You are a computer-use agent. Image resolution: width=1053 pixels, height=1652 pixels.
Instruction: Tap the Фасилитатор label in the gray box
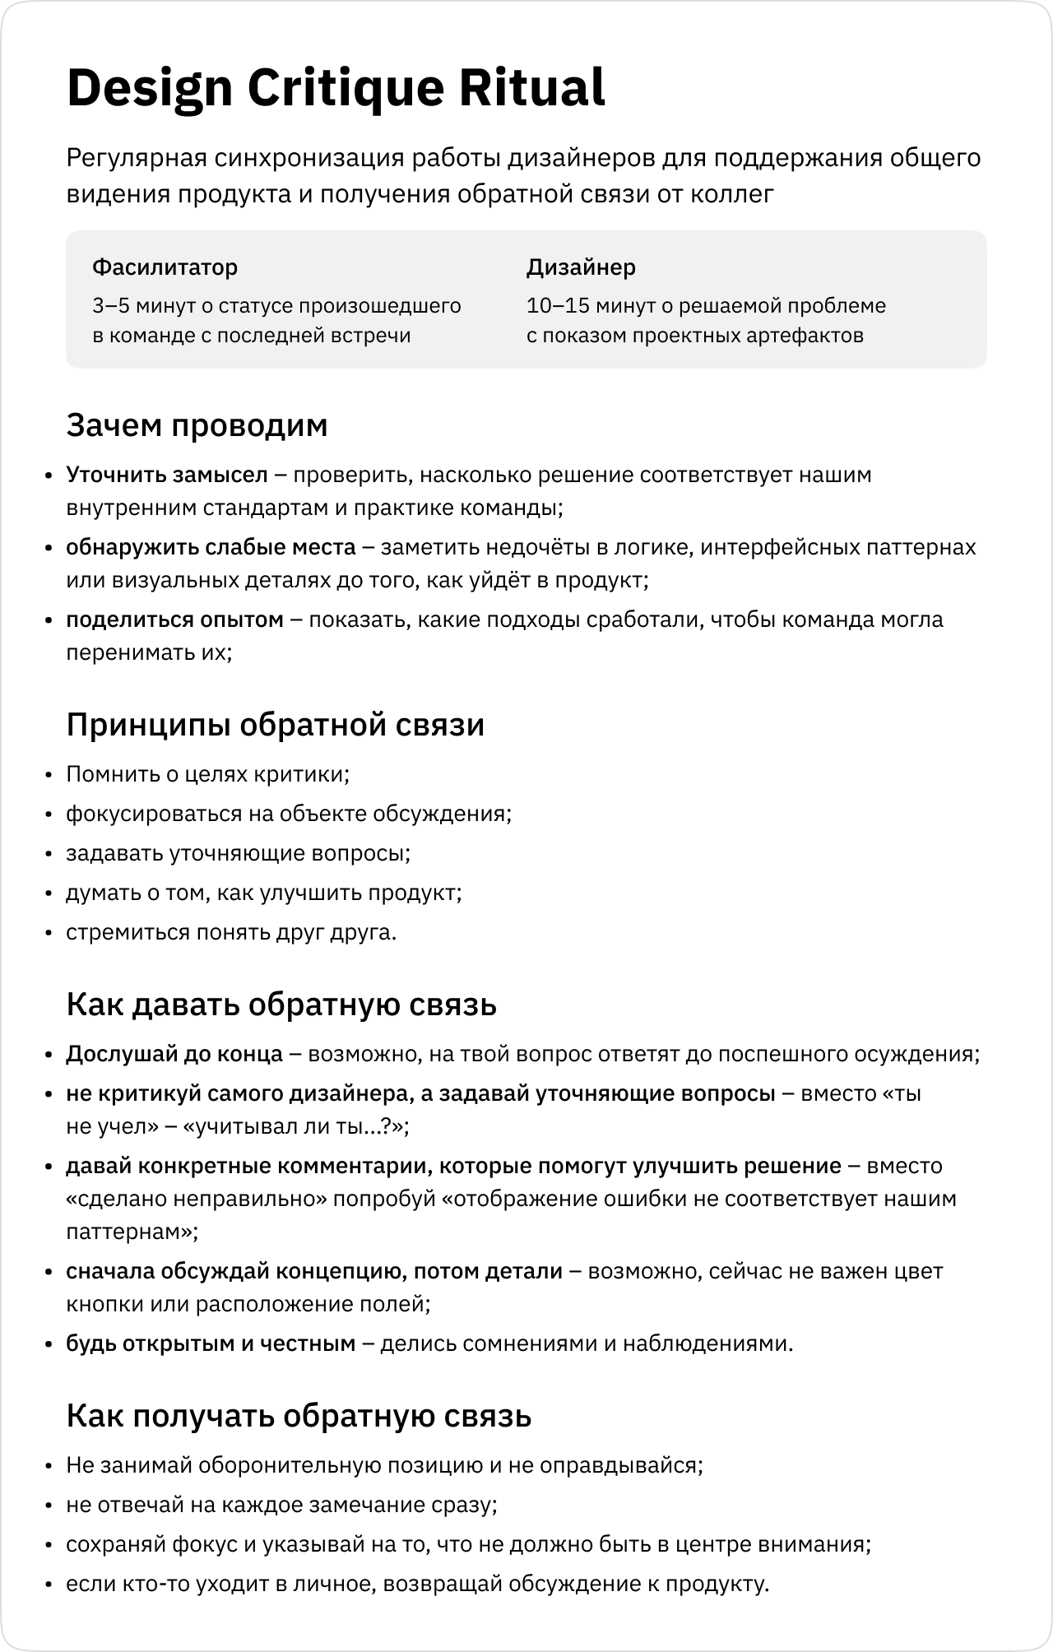coord(165,267)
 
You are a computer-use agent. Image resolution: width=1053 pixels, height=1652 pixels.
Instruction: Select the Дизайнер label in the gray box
coord(581,267)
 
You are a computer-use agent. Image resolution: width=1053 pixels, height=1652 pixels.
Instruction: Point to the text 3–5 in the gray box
coord(110,307)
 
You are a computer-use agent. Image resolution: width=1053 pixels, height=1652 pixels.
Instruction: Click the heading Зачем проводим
coord(197,425)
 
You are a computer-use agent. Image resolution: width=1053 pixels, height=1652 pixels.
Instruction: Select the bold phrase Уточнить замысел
coord(167,475)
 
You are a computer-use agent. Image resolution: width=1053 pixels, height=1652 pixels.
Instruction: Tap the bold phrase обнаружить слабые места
coord(211,547)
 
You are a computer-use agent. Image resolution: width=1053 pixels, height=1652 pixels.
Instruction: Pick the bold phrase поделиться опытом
coord(174,619)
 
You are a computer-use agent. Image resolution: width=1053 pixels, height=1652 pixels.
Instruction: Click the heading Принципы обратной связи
coord(275,725)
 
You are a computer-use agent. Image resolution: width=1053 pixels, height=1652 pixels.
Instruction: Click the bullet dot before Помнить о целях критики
coord(49,775)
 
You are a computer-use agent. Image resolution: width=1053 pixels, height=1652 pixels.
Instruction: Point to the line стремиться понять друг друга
coord(231,932)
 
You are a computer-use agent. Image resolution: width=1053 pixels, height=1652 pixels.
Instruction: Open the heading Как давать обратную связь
coord(281,1005)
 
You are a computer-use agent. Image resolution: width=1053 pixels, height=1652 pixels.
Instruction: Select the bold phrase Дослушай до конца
coord(174,1054)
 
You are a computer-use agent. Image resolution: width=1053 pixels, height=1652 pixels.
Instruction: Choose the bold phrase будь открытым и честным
coord(211,1343)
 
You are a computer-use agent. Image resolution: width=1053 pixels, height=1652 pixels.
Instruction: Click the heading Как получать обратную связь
coord(299,1416)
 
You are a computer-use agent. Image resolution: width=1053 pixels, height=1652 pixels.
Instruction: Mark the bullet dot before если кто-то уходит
coord(49,1585)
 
